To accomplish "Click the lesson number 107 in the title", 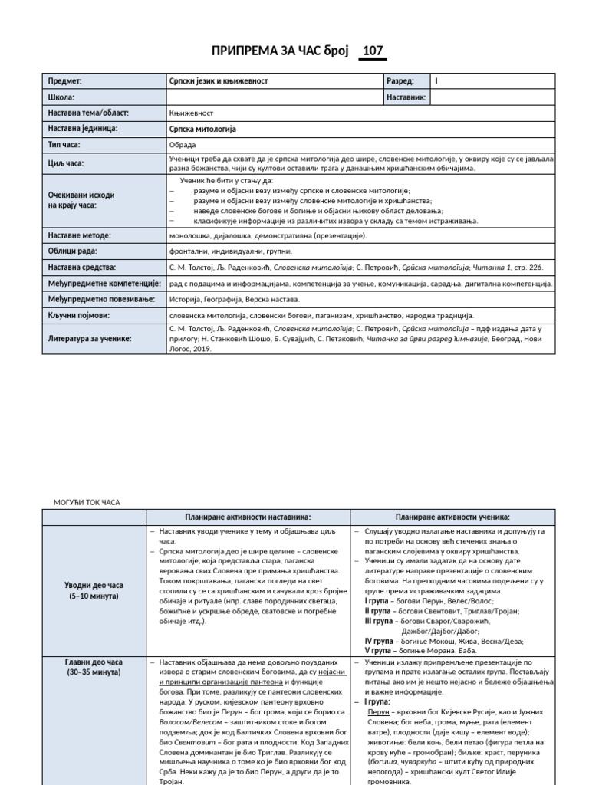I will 373,51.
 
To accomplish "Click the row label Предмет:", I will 64,80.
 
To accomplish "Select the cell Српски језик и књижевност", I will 219,80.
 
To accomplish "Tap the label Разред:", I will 401,80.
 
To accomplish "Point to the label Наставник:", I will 406,97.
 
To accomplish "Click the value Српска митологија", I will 202,129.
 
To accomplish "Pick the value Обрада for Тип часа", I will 182,144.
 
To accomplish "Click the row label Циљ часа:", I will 66,163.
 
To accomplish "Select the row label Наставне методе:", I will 80,235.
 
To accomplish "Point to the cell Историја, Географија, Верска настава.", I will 234,299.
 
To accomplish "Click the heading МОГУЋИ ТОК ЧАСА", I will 87,502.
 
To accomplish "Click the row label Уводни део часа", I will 94,585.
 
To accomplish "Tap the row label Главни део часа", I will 94,662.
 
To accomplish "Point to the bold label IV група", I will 379,640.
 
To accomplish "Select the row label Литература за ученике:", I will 90,337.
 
